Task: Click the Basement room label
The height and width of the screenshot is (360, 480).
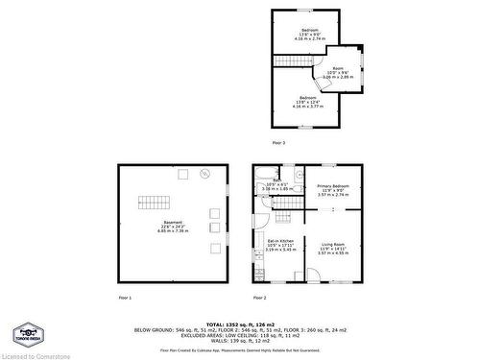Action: (x=173, y=228)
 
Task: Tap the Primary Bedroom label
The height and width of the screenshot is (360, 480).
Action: (x=333, y=189)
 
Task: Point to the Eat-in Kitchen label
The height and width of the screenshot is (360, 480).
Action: (x=280, y=245)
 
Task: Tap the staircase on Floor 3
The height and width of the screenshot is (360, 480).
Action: (x=295, y=60)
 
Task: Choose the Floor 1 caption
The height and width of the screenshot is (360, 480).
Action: (x=125, y=297)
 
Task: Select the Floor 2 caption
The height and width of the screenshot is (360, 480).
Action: (x=259, y=297)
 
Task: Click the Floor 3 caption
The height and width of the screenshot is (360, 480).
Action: (x=278, y=142)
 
